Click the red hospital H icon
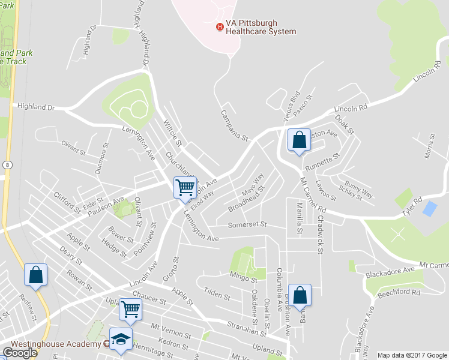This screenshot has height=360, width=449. tap(220, 26)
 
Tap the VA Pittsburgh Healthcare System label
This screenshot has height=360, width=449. tap(261, 27)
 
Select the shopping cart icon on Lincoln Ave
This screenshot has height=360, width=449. tap(185, 187)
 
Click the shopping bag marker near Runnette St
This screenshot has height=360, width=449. tap(299, 140)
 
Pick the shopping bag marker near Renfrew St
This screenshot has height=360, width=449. tap(35, 275)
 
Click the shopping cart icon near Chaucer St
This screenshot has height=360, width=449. tap(130, 310)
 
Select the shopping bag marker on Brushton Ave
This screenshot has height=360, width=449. tap(300, 295)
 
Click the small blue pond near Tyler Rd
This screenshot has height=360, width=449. tap(430, 209)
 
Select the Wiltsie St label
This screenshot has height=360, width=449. tap(172, 133)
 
